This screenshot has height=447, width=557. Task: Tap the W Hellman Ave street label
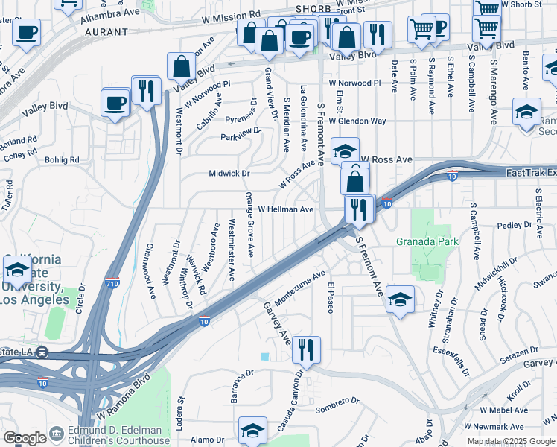pyautogui.click(x=286, y=210)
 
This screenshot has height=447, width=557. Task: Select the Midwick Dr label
pyautogui.click(x=228, y=174)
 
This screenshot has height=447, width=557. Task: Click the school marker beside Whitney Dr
pyautogui.click(x=401, y=300)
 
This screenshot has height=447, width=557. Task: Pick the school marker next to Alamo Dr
pyautogui.click(x=252, y=431)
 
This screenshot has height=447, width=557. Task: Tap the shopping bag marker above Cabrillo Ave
pyautogui.click(x=182, y=66)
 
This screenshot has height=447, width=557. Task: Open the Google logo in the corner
pyautogui.click(x=25, y=438)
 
